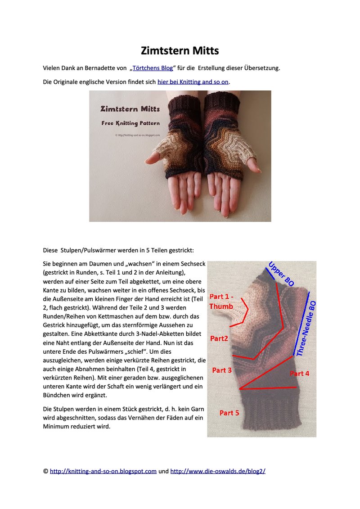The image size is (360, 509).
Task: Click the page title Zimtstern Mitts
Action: pyautogui.click(x=180, y=50)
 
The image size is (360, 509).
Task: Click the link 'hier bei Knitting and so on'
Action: pyautogui.click(x=193, y=82)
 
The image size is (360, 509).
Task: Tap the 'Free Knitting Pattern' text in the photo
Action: pyautogui.click(x=130, y=123)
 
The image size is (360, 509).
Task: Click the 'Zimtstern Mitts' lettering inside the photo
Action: pyautogui.click(x=130, y=109)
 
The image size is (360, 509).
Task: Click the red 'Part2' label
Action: pyautogui.click(x=219, y=338)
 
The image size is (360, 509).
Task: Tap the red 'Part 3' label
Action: pyautogui.click(x=222, y=370)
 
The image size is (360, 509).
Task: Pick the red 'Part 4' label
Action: pyautogui.click(x=299, y=374)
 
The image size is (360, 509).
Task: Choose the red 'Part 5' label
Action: pyautogui.click(x=229, y=412)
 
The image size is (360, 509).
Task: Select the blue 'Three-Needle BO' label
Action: pyautogui.click(x=306, y=329)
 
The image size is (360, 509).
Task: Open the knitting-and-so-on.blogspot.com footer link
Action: pyautogui.click(x=103, y=471)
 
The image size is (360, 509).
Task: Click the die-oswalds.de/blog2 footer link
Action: pyautogui.click(x=218, y=471)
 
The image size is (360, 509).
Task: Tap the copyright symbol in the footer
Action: pyautogui.click(x=45, y=471)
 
